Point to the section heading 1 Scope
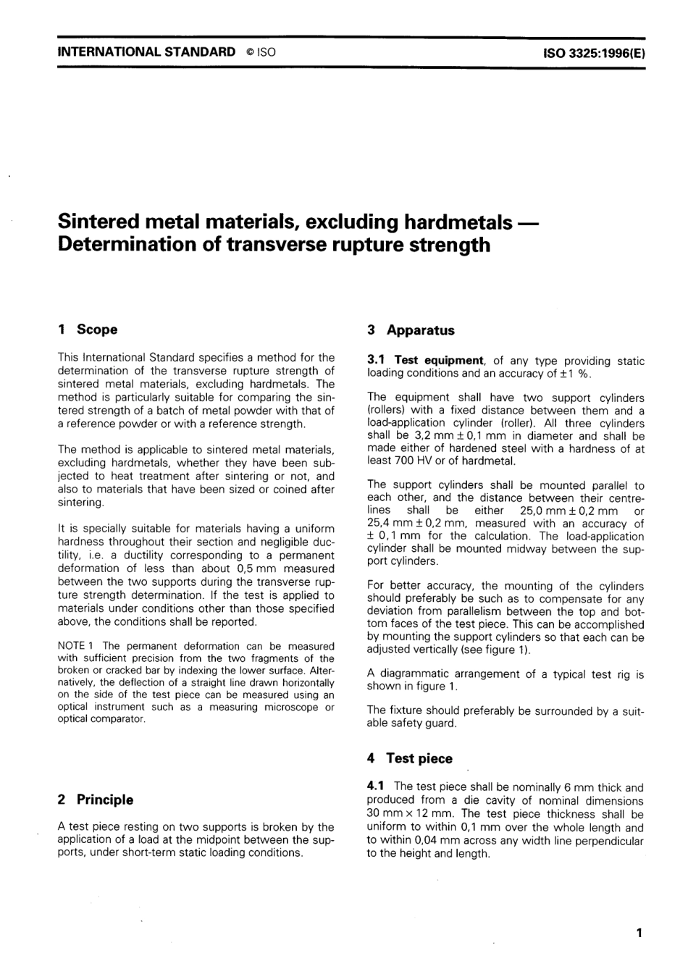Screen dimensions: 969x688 click(87, 330)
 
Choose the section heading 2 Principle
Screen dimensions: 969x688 click(95, 800)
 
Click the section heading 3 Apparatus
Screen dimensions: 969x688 click(411, 330)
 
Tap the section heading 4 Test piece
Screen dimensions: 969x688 click(409, 758)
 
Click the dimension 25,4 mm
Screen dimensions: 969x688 click(390, 524)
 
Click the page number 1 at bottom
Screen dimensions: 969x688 click(639, 933)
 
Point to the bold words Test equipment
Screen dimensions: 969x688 click(439, 361)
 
